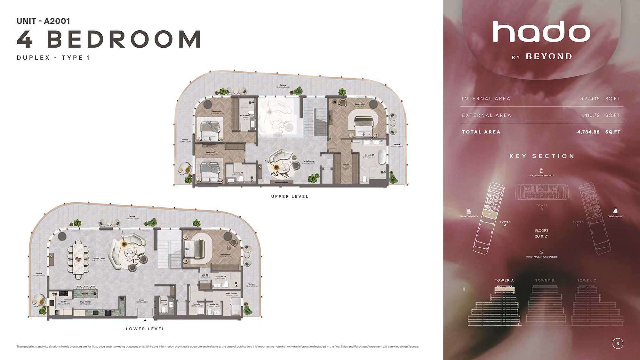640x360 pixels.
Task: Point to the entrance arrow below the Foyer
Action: pos(145,320)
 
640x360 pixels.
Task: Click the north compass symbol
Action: pos(618,343)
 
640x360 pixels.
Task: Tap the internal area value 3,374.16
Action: pos(590,99)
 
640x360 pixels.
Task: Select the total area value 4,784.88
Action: pos(588,132)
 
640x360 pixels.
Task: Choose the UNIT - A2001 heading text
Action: pos(43,21)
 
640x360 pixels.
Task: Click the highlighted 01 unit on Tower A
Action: pos(490,214)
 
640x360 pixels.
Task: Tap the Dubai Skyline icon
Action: pos(615,211)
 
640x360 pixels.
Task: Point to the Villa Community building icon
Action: pos(468,211)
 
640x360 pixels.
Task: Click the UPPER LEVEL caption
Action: pos(290,196)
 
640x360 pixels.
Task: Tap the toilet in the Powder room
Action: pos(164,309)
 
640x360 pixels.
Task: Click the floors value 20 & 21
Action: pos(541,236)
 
